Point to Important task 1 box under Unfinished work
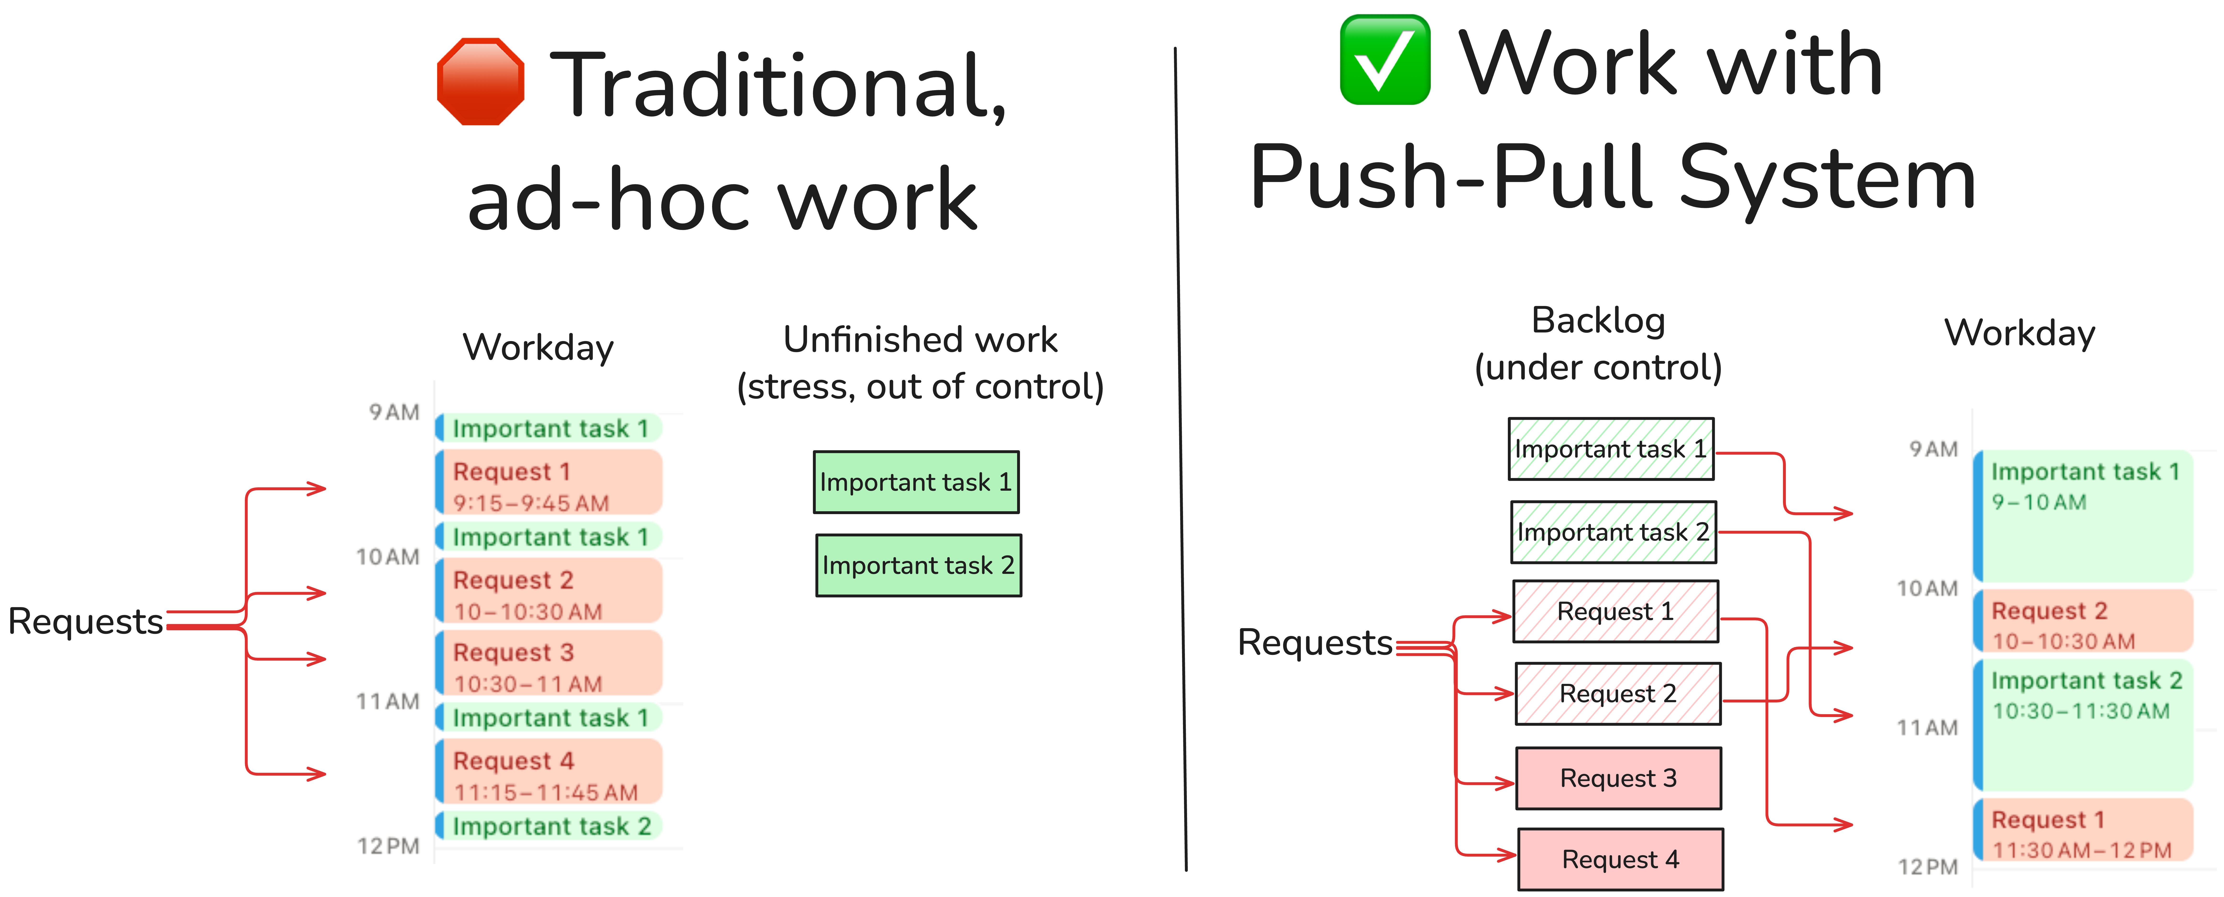tap(916, 482)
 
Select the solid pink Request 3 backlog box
tap(1618, 778)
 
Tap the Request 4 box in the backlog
tap(1620, 859)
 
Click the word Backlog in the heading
tap(1598, 320)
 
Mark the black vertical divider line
tap(1180, 457)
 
